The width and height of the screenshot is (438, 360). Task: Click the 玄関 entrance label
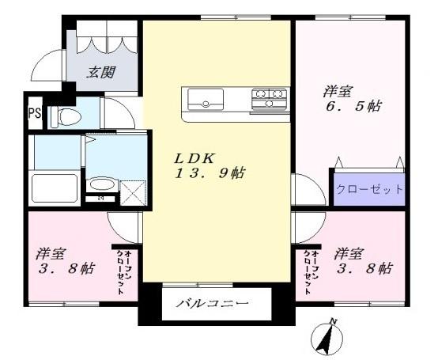[x=100, y=73]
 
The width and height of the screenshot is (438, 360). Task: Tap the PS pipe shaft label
[x=33, y=113]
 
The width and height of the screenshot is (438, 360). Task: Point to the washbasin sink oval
[x=100, y=185]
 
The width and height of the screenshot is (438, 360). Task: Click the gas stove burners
[x=269, y=99]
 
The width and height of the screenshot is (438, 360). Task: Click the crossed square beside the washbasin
[x=133, y=192]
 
